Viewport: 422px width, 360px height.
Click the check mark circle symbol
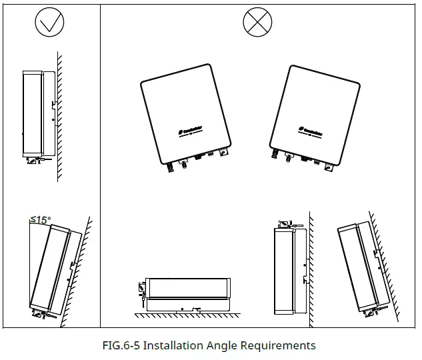[49, 25]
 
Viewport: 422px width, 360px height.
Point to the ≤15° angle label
[40, 219]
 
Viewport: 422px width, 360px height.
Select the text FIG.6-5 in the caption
[121, 345]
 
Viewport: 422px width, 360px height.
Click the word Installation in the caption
[175, 345]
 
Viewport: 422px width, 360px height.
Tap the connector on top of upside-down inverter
[283, 221]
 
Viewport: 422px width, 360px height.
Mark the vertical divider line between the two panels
[100, 167]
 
